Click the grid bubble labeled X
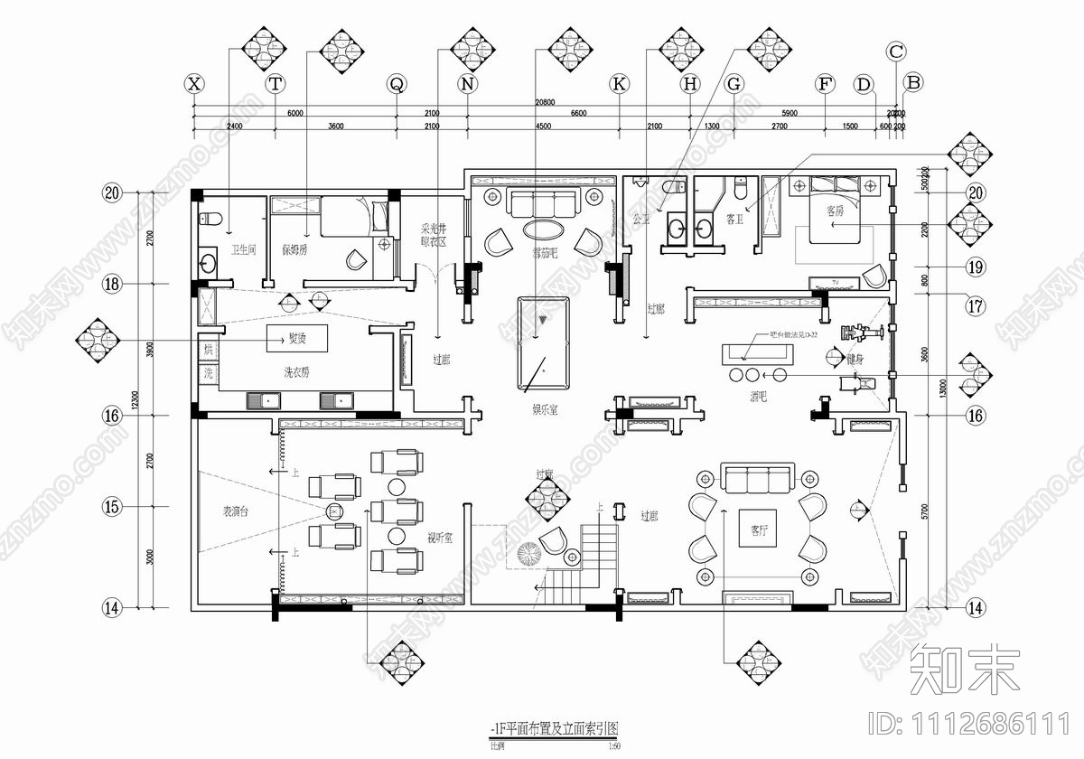pyautogui.click(x=193, y=84)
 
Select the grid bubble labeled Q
pyautogui.click(x=396, y=84)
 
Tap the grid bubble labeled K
pyautogui.click(x=619, y=84)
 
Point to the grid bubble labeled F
pyautogui.click(x=824, y=84)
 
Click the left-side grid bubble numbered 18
pyautogui.click(x=112, y=285)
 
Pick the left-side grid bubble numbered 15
pyautogui.click(x=112, y=508)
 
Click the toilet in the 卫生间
pyautogui.click(x=207, y=218)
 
